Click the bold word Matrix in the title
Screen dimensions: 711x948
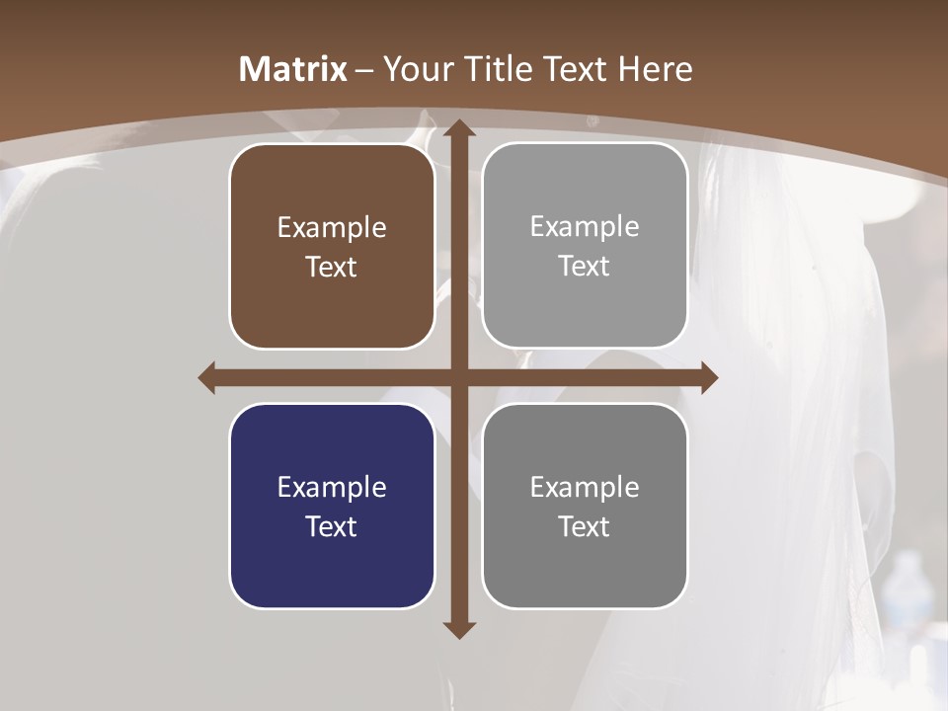coord(293,69)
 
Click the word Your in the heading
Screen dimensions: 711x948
coord(418,69)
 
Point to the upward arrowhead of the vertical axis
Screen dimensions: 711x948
coord(458,129)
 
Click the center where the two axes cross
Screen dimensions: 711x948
coord(458,377)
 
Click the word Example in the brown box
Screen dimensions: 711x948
coord(332,227)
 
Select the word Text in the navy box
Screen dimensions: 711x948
coord(332,526)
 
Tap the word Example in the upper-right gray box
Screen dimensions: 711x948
coord(585,226)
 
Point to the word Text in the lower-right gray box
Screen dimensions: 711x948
coord(585,526)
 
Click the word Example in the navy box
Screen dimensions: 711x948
coord(332,487)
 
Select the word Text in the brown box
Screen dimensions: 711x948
coord(332,267)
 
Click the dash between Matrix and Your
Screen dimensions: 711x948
coord(364,70)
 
